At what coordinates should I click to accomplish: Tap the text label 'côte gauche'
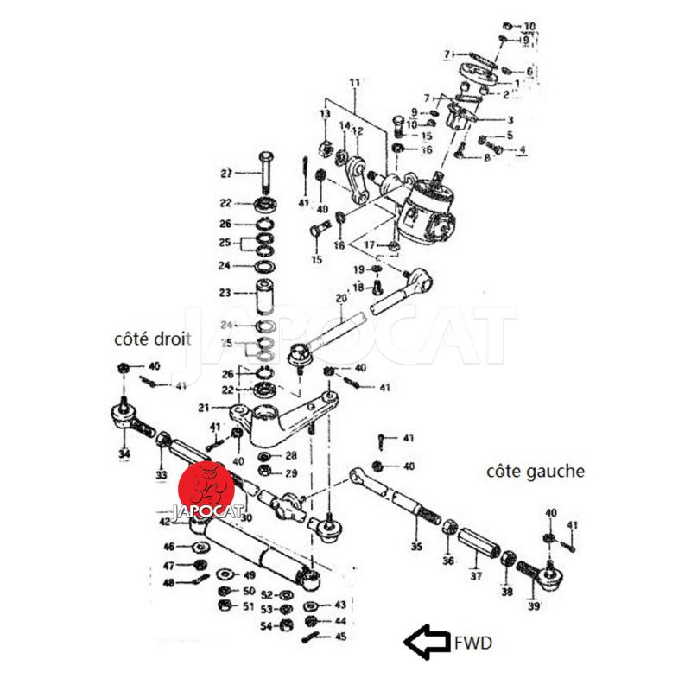click(536, 472)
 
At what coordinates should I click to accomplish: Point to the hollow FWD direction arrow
click(427, 642)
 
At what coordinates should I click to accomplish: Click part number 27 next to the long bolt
click(226, 174)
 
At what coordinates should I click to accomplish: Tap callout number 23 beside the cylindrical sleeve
click(226, 292)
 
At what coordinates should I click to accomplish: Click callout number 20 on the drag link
click(340, 299)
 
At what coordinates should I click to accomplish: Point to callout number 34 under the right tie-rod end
click(124, 454)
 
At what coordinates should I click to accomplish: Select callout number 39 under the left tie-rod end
click(534, 605)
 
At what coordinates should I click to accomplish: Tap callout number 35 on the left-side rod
click(416, 547)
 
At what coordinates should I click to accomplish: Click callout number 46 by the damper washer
click(169, 546)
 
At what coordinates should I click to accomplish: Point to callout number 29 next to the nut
click(290, 472)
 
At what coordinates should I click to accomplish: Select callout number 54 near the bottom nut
click(266, 625)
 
